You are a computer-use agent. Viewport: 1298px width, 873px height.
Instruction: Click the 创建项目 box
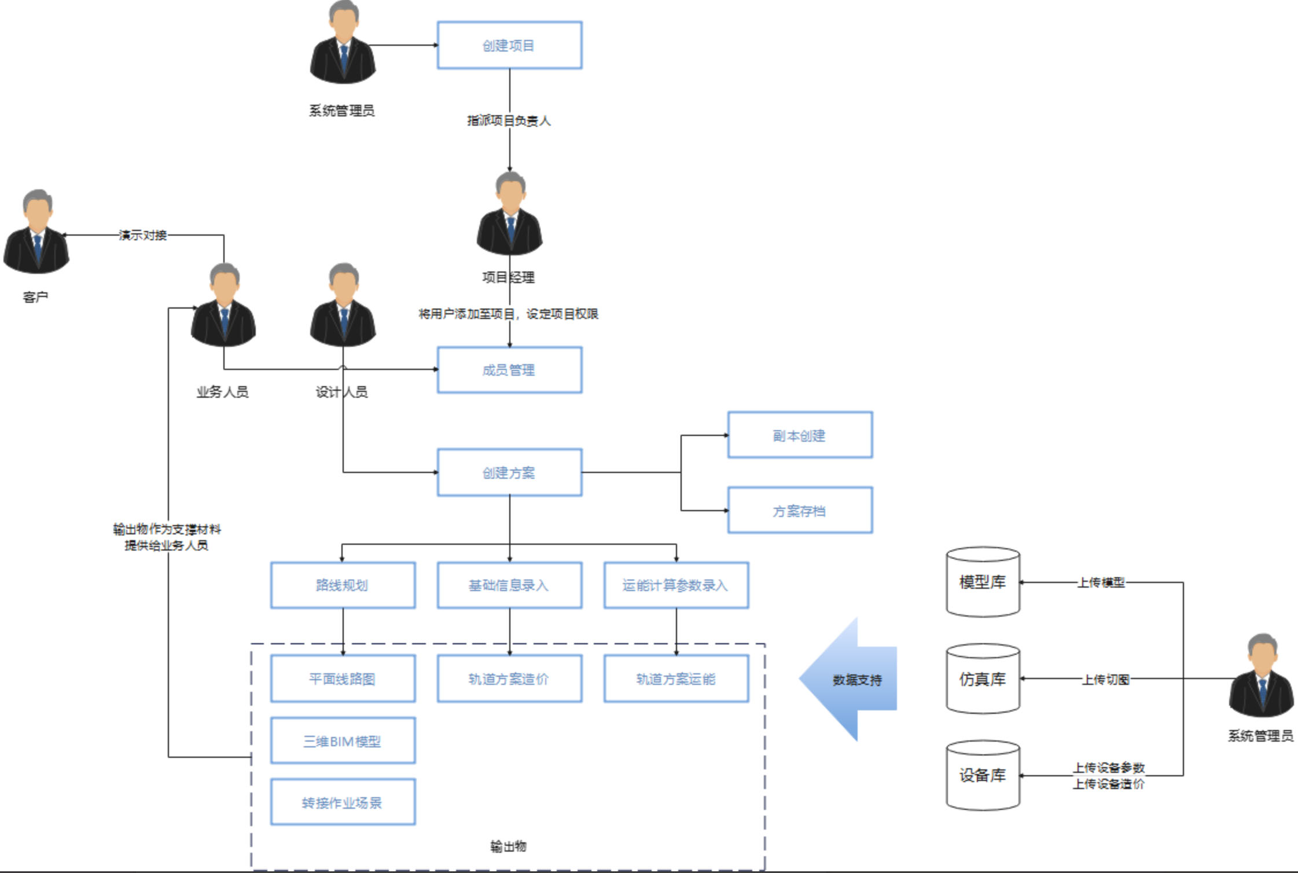pos(509,45)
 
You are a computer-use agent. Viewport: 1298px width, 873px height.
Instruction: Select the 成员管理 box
pos(509,370)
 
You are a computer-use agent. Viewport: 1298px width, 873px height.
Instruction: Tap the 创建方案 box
pos(509,472)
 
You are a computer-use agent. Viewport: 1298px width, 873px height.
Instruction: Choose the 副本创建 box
pos(800,435)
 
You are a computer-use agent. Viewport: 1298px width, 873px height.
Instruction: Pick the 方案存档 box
pos(800,511)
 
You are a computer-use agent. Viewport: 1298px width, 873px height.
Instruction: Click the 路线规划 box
pos(343,585)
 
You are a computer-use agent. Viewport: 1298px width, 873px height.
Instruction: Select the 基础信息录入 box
pos(509,585)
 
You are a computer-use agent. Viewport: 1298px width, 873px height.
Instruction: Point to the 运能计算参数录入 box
pos(676,585)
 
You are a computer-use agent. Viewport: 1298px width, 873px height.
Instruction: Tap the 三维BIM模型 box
pos(343,741)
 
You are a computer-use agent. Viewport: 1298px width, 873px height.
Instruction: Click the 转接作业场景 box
pos(343,802)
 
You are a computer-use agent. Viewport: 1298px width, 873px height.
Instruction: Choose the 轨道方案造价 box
pos(509,678)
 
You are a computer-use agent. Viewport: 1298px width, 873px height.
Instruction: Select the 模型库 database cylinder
pos(983,582)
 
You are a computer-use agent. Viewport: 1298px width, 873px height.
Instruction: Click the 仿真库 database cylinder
pos(983,678)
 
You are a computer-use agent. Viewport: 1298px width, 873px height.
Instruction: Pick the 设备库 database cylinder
pos(983,775)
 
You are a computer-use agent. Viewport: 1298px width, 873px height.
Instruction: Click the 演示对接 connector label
pos(143,235)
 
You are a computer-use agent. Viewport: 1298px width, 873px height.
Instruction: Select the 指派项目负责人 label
pos(509,120)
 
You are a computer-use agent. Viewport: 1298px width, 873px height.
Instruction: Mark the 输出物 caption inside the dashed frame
pos(508,846)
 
